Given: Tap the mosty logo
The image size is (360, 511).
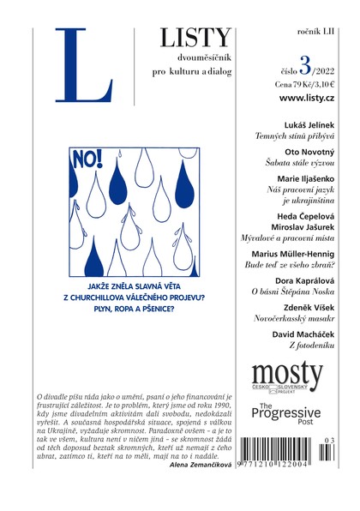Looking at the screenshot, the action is [x=287, y=375].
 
